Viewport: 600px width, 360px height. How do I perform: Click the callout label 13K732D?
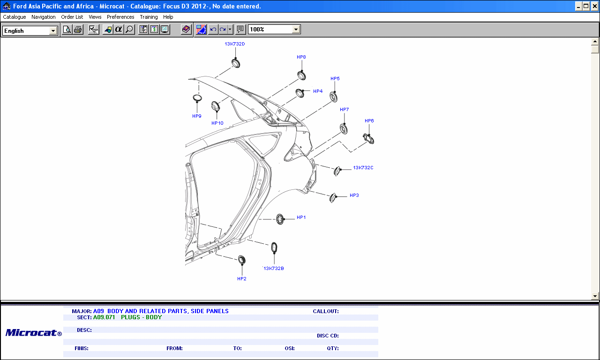235,44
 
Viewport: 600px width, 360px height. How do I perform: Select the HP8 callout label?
301,57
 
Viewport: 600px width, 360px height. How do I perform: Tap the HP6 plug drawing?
369,139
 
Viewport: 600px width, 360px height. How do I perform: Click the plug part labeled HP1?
280,219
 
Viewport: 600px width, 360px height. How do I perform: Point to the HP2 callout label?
242,278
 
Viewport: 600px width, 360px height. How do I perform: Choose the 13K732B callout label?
274,268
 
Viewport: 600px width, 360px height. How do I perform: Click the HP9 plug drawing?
197,98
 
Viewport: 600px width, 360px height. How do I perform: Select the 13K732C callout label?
363,167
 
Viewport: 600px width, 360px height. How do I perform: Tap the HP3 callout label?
354,195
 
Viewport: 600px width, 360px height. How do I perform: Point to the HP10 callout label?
217,123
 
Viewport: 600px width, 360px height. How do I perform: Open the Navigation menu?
44,17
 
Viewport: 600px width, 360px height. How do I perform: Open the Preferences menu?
120,17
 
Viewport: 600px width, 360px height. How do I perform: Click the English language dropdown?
30,30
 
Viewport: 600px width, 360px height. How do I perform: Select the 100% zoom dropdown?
274,30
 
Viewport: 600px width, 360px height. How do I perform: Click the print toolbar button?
78,30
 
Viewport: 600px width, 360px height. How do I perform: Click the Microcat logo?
33,333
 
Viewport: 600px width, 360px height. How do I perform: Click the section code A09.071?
104,317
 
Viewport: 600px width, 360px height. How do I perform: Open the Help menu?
168,17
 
